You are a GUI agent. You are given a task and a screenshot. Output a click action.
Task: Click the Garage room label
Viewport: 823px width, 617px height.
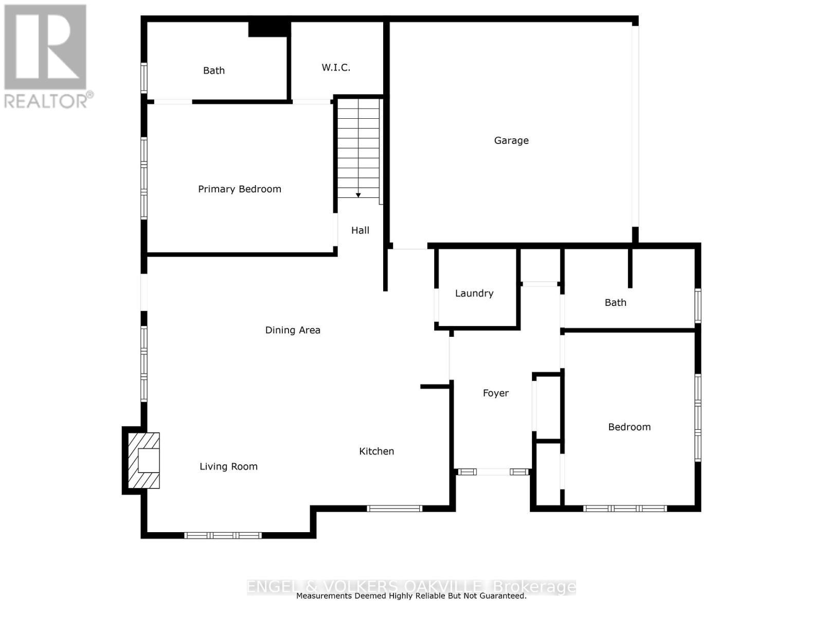[511, 140]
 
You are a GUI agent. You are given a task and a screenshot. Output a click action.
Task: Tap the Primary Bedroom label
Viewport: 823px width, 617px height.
[240, 189]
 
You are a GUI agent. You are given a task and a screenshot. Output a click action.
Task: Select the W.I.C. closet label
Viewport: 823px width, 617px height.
[336, 67]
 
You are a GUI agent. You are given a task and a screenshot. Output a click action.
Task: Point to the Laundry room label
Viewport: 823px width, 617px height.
[474, 294]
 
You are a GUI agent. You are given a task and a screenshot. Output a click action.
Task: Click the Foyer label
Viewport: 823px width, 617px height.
[496, 393]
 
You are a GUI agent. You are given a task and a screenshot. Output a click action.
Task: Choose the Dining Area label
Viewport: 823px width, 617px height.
[293, 330]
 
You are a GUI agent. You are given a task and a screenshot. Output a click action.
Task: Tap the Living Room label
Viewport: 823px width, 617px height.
[228, 466]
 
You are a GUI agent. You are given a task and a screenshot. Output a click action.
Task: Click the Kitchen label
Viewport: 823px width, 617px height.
[377, 451]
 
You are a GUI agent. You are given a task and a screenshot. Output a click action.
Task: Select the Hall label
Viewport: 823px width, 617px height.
[360, 230]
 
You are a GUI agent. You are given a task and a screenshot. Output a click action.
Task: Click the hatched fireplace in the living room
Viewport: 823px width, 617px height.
[144, 460]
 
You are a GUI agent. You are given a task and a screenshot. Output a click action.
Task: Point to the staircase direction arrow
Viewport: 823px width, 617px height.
[359, 195]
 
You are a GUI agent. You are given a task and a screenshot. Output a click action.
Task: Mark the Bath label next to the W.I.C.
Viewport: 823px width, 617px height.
[214, 71]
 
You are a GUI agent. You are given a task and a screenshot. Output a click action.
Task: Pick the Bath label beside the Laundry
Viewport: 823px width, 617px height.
[615, 303]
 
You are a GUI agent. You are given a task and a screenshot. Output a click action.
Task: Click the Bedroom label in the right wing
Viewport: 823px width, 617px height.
[629, 427]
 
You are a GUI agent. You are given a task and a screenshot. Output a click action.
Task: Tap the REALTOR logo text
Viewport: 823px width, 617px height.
[49, 100]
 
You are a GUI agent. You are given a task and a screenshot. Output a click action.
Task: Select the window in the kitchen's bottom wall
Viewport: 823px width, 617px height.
[395, 509]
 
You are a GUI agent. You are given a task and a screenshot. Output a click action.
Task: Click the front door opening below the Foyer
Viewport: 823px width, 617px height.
[493, 471]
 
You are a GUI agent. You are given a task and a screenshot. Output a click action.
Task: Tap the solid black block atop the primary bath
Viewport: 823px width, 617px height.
[268, 29]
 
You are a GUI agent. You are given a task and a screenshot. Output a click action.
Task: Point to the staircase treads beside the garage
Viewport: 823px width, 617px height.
[359, 149]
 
